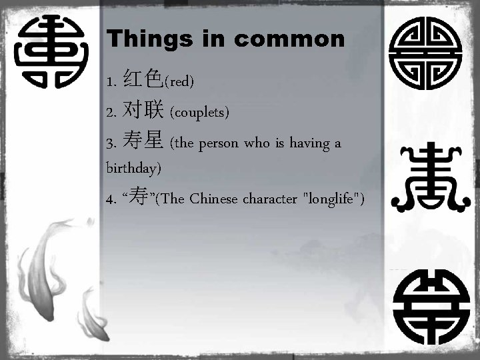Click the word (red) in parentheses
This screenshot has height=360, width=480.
tap(179, 82)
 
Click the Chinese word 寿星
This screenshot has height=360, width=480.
tap(143, 142)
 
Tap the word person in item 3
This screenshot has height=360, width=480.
tap(219, 143)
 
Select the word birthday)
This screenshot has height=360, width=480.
tap(133, 167)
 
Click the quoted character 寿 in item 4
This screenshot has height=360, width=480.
tap(139, 197)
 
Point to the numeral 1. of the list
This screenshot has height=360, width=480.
tap(111, 82)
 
